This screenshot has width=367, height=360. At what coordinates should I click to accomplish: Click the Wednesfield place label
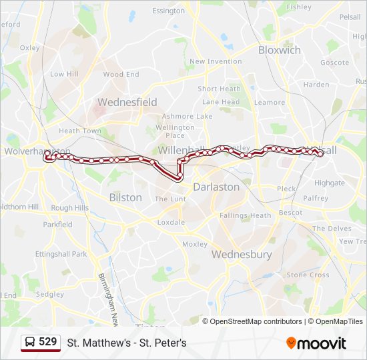(x=127, y=102)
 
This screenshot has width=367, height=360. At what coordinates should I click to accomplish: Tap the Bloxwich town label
(x=280, y=50)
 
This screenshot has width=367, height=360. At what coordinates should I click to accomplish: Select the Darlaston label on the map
(x=216, y=187)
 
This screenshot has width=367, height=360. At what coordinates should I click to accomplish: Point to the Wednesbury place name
(x=242, y=254)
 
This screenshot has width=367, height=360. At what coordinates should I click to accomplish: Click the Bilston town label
(x=125, y=197)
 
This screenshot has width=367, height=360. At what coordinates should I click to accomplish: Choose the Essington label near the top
(x=168, y=11)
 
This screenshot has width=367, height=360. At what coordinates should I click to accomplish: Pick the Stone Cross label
(x=308, y=275)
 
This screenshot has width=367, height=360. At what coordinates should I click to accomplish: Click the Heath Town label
(x=80, y=131)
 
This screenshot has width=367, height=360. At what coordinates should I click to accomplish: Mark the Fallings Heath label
(x=246, y=215)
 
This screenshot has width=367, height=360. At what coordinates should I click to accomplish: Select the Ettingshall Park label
(x=61, y=254)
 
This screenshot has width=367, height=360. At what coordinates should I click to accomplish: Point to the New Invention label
(x=216, y=61)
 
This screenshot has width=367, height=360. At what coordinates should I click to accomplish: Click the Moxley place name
(x=195, y=244)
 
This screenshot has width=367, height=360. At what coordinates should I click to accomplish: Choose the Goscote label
(x=334, y=62)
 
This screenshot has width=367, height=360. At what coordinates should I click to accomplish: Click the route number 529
(x=47, y=342)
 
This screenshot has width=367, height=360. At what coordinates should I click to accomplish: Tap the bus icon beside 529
(x=30, y=343)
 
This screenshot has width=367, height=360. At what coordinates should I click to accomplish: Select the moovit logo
(x=316, y=343)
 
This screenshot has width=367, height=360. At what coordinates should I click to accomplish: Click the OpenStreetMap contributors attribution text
(x=256, y=321)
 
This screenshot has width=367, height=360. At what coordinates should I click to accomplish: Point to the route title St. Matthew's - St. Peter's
(x=127, y=343)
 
